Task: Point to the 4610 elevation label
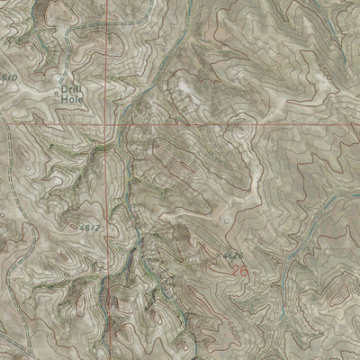9,78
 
